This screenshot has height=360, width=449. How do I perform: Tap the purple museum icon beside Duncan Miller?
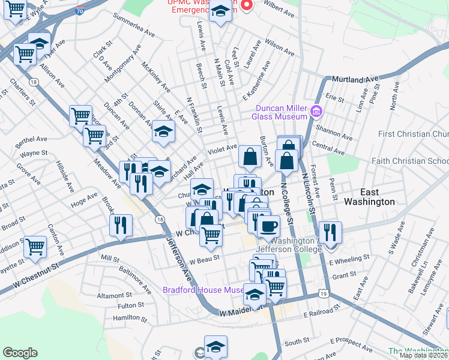coord(317,111)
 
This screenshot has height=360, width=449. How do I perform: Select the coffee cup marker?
coord(268,226)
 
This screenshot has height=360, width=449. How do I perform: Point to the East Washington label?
coord(369,197)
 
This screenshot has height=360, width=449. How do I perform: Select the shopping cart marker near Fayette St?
coord(35,246)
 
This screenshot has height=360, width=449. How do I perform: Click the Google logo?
coord(20,353)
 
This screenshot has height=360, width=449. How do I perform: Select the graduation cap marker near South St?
coord(215,346)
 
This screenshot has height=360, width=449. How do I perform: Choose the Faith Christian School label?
coord(410,161)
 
